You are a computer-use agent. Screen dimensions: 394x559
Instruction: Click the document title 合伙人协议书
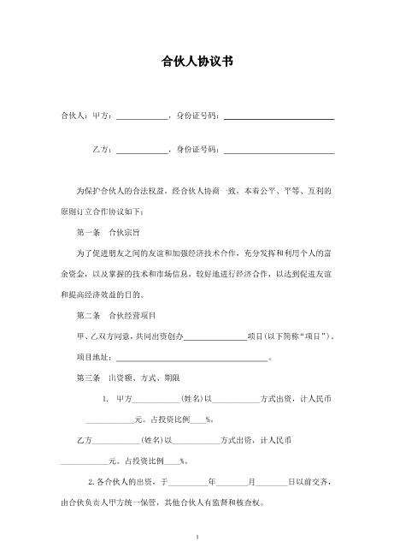(197, 62)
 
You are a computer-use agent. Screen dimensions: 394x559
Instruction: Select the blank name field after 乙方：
(142, 152)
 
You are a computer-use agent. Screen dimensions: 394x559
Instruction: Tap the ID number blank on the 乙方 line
(278, 152)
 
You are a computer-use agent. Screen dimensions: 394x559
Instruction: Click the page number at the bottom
(197, 538)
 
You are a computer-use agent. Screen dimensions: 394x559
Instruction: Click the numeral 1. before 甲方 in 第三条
(105, 399)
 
